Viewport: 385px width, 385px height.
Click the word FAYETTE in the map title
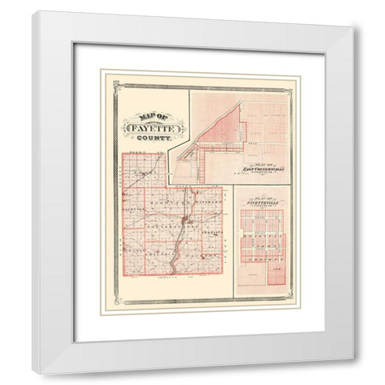(153, 126)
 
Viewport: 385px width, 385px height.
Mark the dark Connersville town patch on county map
(184, 220)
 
